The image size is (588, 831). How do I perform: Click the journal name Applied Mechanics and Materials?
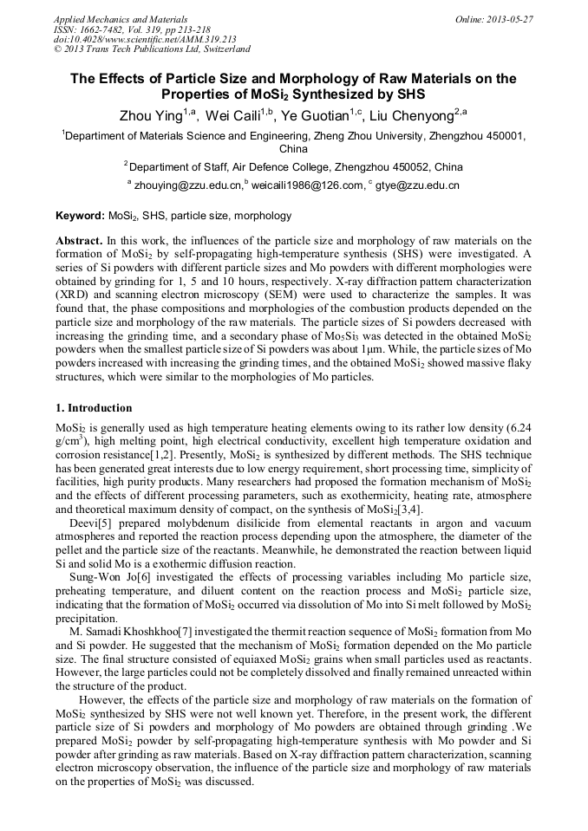[x=121, y=19]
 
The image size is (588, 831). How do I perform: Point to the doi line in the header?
[x=145, y=39]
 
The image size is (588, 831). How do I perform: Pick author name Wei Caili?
[x=235, y=115]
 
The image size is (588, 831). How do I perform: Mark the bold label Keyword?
[x=80, y=216]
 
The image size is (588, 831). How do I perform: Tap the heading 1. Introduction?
[x=94, y=408]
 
